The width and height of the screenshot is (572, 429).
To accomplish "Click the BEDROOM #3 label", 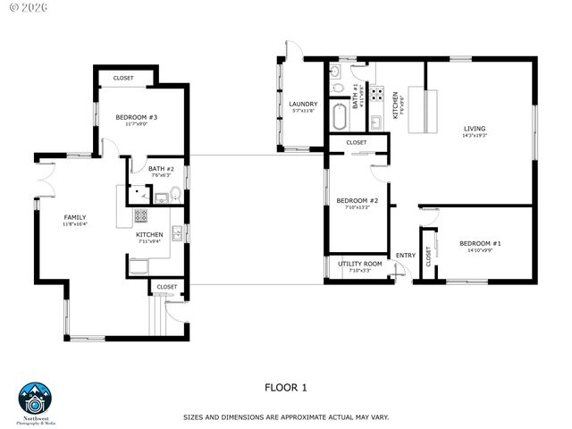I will pos(136,117).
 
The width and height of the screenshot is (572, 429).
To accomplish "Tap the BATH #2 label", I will pos(161,169).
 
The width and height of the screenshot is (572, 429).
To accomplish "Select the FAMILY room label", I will pos(75,217).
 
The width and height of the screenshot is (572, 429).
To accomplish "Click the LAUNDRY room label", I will pos(303,104).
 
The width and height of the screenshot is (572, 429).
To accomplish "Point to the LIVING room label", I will pos(474,129).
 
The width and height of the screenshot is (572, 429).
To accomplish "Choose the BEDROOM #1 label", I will pos(480,243).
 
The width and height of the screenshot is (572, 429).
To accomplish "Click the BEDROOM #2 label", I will pos(357,200).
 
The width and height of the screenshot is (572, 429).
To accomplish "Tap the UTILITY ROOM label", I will pos(360,264).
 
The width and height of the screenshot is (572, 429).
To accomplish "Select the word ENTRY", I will pos(405,256).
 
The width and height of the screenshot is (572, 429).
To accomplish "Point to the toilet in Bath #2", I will pos(175,194).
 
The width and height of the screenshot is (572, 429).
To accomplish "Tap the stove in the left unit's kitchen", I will pos(141,215).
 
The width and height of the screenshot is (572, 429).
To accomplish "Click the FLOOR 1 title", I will pos(285,387).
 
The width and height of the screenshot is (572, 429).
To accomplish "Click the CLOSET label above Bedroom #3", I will pos(123,78).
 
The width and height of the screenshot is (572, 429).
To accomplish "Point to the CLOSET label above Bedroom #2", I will pos(356,142).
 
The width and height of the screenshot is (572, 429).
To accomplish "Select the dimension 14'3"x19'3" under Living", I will pos(474,136).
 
